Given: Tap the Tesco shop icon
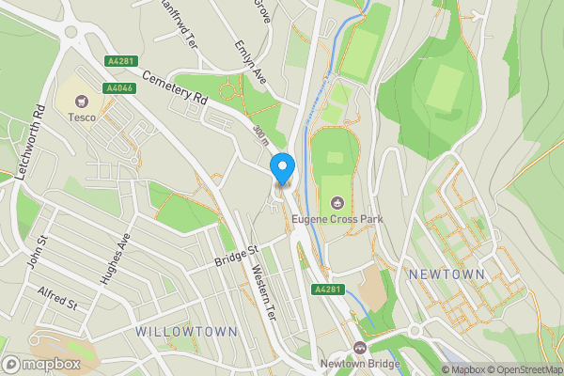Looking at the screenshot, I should pyautogui.click(x=82, y=100).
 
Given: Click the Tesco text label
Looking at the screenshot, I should pyautogui.click(x=82, y=117).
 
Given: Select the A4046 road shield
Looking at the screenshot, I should pyautogui.click(x=118, y=87).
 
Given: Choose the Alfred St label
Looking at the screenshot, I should pyautogui.click(x=58, y=298).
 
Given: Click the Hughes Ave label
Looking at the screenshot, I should pyautogui.click(x=119, y=249).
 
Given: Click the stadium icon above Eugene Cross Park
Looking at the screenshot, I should pyautogui.click(x=337, y=203).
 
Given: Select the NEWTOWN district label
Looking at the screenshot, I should pyautogui.click(x=446, y=274).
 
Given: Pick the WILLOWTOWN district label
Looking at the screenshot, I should pyautogui.click(x=180, y=332).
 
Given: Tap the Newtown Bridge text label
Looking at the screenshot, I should pyautogui.click(x=358, y=365).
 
